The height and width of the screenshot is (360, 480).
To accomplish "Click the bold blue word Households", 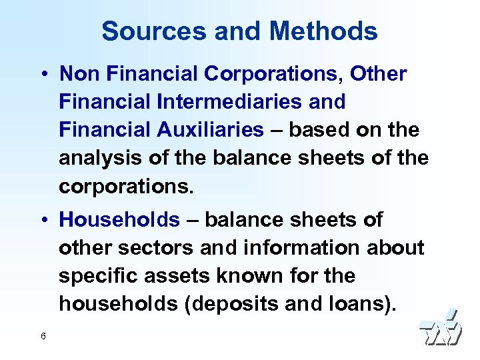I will (x=119, y=219).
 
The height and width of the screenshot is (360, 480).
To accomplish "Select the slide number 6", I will (x=43, y=336).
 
